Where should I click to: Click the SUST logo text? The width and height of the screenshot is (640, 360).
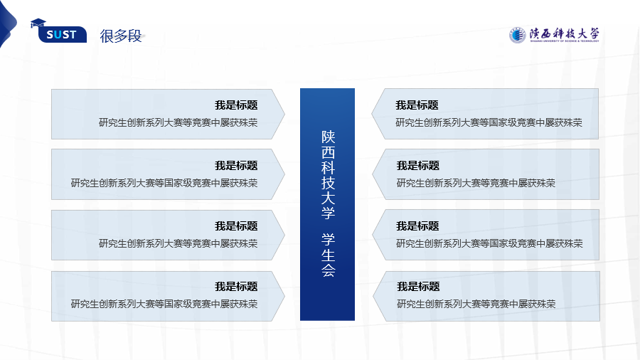click(61, 35)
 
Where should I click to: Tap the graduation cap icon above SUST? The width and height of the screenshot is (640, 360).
click(38, 23)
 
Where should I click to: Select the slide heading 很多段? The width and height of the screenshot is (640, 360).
click(121, 36)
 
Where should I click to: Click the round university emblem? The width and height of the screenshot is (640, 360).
click(517, 35)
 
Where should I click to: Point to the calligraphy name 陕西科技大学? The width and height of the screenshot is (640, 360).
click(564, 33)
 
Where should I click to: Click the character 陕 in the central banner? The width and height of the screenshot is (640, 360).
click(328, 137)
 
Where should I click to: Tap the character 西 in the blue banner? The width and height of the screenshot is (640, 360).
click(328, 152)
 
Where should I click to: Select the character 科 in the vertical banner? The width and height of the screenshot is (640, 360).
click(328, 167)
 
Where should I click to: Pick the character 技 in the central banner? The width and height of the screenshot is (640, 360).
click(328, 183)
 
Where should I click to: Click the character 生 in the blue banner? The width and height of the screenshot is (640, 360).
click(328, 255)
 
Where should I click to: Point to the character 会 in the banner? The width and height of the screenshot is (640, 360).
click(328, 270)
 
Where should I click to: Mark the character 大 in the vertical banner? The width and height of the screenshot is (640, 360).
click(328, 198)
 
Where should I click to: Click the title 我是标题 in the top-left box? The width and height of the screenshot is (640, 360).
click(236, 105)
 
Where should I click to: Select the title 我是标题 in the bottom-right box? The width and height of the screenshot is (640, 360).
click(418, 287)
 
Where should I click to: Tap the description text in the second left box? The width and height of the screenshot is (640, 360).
click(164, 183)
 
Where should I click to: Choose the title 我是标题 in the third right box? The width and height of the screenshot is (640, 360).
click(417, 226)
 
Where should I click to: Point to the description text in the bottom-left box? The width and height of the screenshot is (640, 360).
click(164, 304)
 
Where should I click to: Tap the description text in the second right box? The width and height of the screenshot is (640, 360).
click(476, 183)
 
